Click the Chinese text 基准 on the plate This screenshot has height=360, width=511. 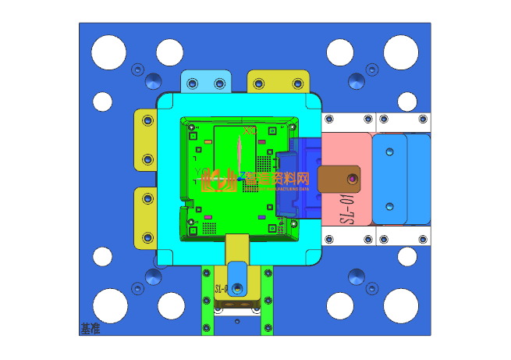point(90,329)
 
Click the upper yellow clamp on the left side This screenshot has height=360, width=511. point(147,140)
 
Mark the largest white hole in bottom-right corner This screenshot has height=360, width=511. point(401,305)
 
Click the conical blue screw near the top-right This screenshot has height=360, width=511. point(358,80)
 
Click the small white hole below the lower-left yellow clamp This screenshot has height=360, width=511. point(103,255)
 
